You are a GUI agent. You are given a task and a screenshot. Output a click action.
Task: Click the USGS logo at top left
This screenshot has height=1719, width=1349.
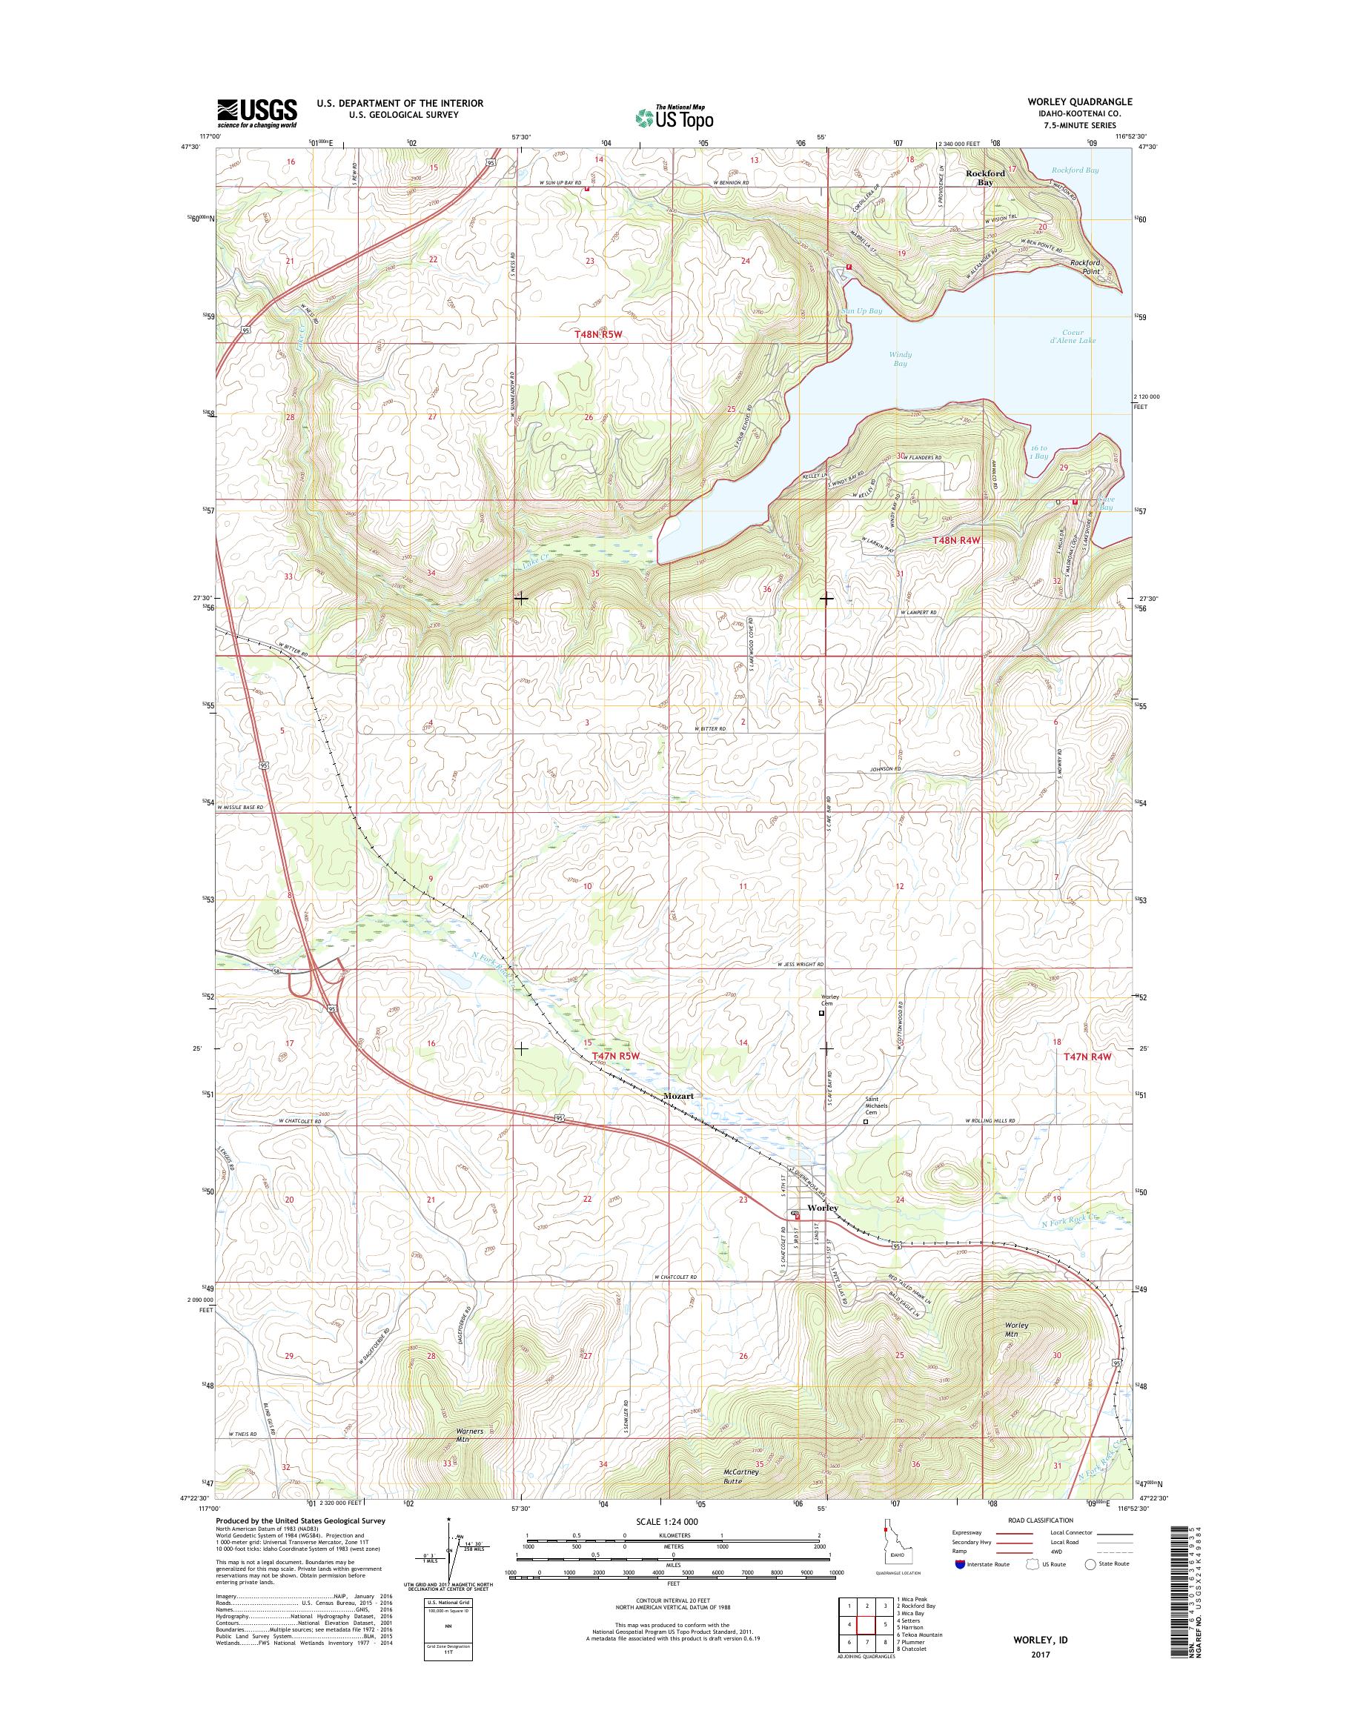click(256, 113)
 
